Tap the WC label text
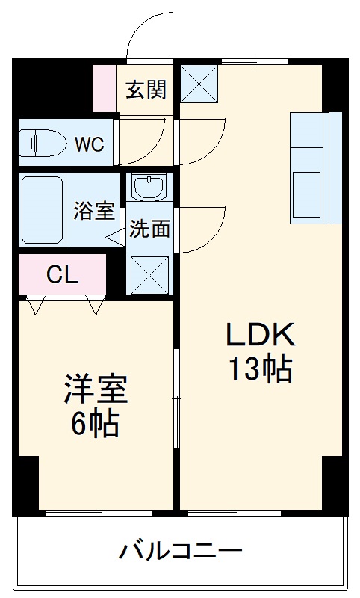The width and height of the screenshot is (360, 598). click(x=89, y=143)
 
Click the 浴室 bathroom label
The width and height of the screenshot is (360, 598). click(x=94, y=211)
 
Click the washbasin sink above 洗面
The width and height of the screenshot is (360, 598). click(x=149, y=185)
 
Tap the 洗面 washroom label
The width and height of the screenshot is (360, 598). click(x=149, y=229)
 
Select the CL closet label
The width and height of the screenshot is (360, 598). click(x=62, y=274)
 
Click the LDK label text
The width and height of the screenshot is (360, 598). click(x=261, y=335)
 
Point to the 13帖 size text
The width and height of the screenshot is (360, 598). click(x=260, y=369)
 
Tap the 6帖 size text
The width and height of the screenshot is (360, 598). click(x=95, y=424)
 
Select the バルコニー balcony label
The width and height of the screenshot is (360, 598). click(x=181, y=553)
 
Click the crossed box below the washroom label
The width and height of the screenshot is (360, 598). click(x=149, y=274)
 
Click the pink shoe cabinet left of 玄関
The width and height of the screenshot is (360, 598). click(x=105, y=88)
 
